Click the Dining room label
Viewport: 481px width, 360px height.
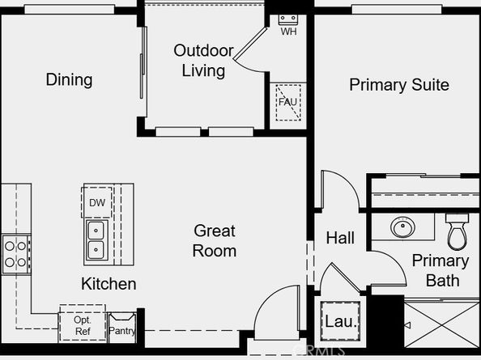69,79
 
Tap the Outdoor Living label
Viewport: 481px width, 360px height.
204,61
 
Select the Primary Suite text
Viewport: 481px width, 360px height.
399,85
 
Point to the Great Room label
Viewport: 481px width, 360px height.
215,241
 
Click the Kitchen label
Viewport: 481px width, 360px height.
109,284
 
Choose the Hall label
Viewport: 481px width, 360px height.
340,238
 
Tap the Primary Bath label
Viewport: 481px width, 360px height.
441,270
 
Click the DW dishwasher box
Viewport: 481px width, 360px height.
97,202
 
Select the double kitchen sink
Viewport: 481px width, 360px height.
97,240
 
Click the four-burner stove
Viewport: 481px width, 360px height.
16,254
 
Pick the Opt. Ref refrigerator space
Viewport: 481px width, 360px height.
83,324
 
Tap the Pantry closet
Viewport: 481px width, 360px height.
122,328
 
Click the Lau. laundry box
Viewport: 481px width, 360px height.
340,321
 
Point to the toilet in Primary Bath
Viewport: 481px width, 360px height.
457,231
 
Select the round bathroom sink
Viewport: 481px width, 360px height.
402,227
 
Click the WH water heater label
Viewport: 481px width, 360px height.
288,32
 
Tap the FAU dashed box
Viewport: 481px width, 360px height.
288,102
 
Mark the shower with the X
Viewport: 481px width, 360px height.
442,324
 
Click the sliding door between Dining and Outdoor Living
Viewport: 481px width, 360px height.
143,63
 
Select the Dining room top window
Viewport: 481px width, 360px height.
70,10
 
